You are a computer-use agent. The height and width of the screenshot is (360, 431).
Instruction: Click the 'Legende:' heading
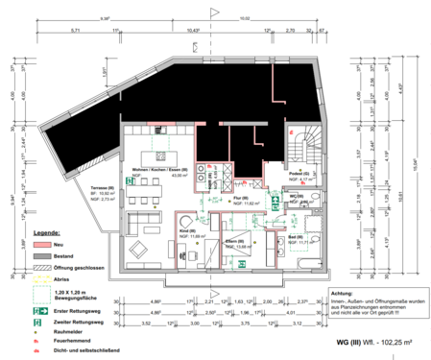tap(48, 233)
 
